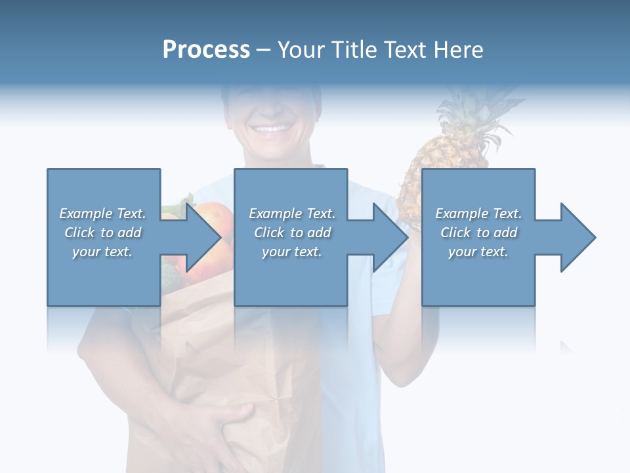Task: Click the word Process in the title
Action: [x=206, y=50]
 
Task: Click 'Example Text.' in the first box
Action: [x=103, y=214]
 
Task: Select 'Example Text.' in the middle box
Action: [x=292, y=214]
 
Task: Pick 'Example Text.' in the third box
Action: [x=478, y=214]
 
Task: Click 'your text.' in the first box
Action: [x=103, y=252]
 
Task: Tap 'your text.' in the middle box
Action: [x=292, y=252]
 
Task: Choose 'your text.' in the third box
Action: [x=478, y=252]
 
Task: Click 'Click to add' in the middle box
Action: [x=292, y=233]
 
